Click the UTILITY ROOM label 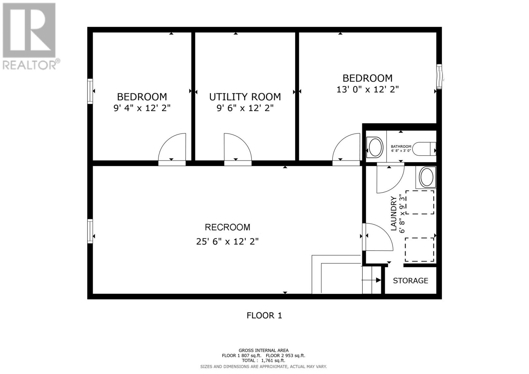[x=245, y=97]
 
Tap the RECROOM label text [x=227, y=227]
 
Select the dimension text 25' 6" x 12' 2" [x=227, y=242]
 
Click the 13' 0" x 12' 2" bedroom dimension [x=367, y=90]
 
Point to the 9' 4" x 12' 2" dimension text [x=142, y=108]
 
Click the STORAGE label [x=410, y=281]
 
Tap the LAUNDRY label [x=393, y=213]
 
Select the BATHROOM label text [x=401, y=146]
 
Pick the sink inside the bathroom [x=375, y=147]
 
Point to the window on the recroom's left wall [x=90, y=231]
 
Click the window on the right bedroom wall [x=439, y=76]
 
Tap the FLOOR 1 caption [x=264, y=315]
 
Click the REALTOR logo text [x=31, y=64]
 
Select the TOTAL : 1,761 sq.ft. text [x=263, y=361]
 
